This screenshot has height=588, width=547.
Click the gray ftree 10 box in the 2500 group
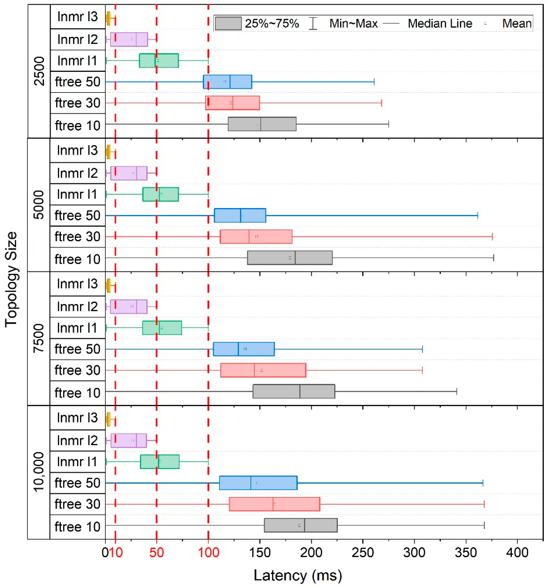262,124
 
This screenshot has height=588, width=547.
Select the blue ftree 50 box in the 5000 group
240,215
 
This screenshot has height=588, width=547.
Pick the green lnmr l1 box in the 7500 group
162,328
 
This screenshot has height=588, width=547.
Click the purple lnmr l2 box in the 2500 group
129,39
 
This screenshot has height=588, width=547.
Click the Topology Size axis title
11,279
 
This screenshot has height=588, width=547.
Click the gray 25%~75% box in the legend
228,23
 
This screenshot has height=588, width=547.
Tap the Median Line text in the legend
440,23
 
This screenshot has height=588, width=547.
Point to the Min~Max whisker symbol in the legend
313,23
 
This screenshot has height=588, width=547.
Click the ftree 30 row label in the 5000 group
77,237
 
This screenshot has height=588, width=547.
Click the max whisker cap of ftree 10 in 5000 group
493,258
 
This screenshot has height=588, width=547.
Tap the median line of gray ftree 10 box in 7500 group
300,391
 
